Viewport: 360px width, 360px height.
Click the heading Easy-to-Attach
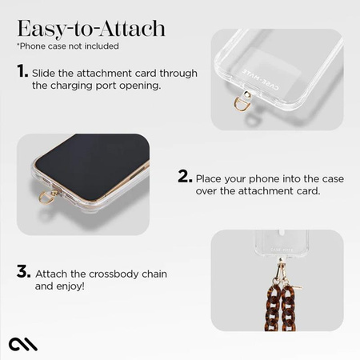(91, 29)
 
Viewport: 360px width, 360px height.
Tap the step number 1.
(22, 73)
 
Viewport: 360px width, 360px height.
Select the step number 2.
(184, 177)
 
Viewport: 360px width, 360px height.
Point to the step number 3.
(22, 272)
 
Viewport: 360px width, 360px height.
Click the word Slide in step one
(46, 74)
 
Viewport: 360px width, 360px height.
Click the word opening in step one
(140, 86)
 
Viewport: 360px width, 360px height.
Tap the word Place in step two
(211, 178)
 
